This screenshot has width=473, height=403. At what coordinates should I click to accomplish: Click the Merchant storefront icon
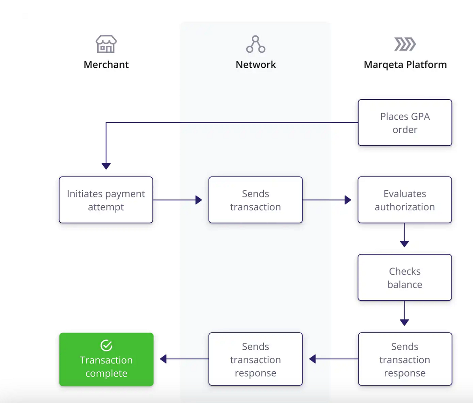tap(106, 44)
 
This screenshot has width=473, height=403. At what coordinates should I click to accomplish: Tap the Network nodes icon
tap(255, 44)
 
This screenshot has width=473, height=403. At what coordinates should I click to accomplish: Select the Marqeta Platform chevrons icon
tap(405, 44)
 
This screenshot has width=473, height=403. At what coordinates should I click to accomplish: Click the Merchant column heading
tap(106, 65)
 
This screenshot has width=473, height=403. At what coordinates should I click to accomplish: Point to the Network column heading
tap(255, 65)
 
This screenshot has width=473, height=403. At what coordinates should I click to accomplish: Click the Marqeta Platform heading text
tap(405, 65)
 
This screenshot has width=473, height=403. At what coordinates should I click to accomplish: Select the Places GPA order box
tap(405, 123)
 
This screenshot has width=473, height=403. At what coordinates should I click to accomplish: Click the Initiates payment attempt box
tap(106, 200)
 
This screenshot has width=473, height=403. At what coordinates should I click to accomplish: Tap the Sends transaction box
tap(255, 200)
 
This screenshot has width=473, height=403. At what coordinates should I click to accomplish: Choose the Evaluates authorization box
tap(405, 200)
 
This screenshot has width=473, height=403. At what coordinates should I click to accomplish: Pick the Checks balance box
tap(405, 277)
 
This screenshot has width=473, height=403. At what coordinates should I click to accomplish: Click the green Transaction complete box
tap(106, 359)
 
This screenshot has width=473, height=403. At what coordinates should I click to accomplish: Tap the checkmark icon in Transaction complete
tap(106, 345)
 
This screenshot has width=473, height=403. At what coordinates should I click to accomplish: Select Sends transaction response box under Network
tap(255, 359)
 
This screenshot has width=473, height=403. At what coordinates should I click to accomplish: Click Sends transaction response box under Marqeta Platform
tap(405, 359)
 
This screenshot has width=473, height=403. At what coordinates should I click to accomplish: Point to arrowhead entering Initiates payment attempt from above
tap(106, 166)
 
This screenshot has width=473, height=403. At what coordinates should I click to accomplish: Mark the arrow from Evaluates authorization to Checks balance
tap(404, 236)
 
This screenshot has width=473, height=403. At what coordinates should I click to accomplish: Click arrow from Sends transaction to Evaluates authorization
tap(327, 200)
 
